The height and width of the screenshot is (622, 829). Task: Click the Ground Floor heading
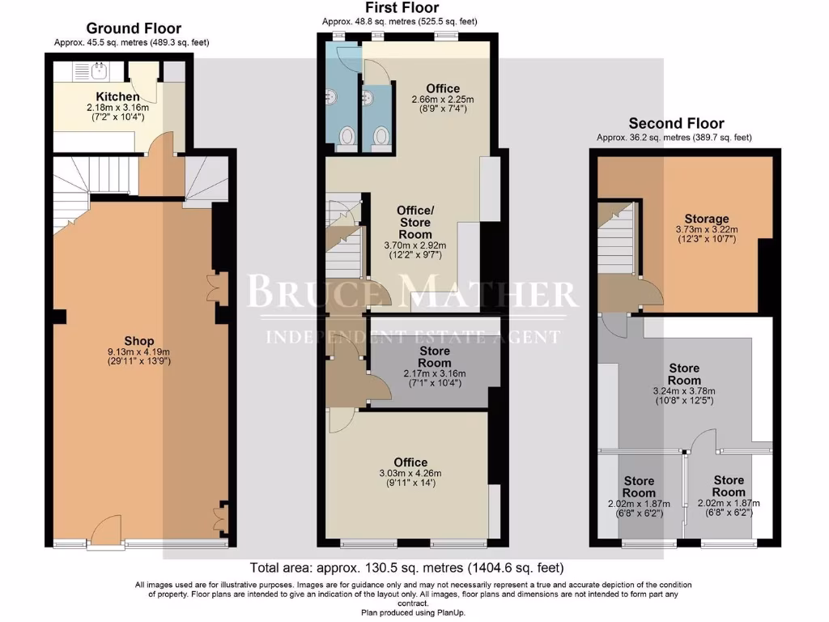pyautogui.click(x=134, y=29)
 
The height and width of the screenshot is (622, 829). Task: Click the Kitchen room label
pyautogui.click(x=117, y=96)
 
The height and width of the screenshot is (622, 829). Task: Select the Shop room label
pyautogui.click(x=139, y=341)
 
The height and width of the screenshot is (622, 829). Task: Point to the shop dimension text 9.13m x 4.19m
pyautogui.click(x=139, y=352)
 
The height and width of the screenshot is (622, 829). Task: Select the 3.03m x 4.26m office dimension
pyautogui.click(x=410, y=473)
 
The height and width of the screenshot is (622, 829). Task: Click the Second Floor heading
pyautogui.click(x=676, y=124)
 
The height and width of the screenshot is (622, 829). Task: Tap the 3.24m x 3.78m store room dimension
pyautogui.click(x=684, y=390)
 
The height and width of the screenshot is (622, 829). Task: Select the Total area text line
pyautogui.click(x=406, y=568)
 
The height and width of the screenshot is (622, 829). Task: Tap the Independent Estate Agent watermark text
pyautogui.click(x=413, y=336)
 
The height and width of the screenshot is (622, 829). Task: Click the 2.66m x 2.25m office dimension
pyautogui.click(x=442, y=100)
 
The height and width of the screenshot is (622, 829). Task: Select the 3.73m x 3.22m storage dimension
pyautogui.click(x=706, y=229)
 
